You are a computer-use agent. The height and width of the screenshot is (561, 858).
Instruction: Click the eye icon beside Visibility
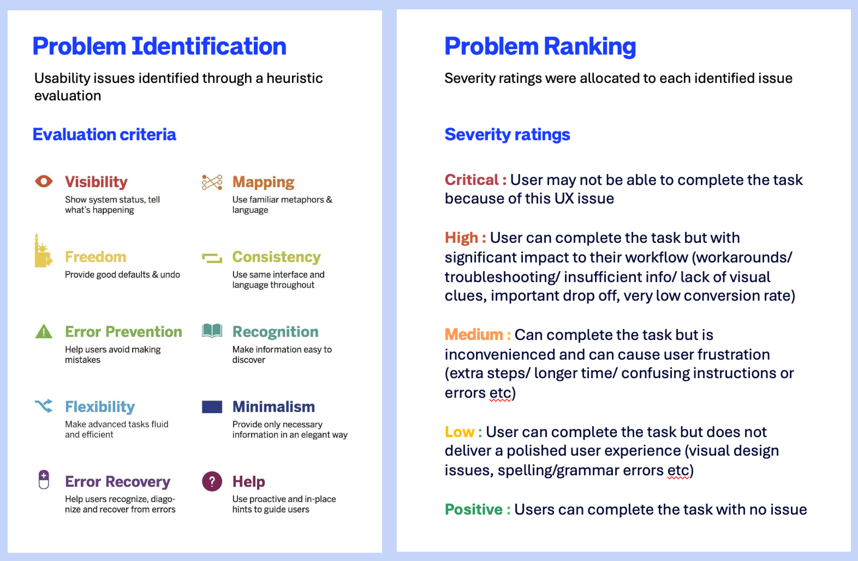[44, 181]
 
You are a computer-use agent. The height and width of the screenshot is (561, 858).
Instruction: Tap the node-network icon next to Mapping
[212, 182]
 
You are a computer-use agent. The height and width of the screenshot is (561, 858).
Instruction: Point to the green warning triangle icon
[44, 331]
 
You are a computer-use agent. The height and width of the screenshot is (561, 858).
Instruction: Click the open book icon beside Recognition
[212, 331]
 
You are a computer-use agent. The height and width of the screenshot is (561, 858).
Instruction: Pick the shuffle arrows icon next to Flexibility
[44, 406]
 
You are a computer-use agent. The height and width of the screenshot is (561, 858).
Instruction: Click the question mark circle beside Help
[212, 481]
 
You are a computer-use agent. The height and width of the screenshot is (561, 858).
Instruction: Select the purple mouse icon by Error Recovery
[44, 480]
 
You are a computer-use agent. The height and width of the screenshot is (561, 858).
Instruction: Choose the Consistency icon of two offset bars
[212, 258]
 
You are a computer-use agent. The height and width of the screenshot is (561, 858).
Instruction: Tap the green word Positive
[474, 509]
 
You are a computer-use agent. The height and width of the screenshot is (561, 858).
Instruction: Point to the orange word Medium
[474, 335]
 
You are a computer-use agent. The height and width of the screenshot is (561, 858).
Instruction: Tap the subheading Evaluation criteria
[104, 134]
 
